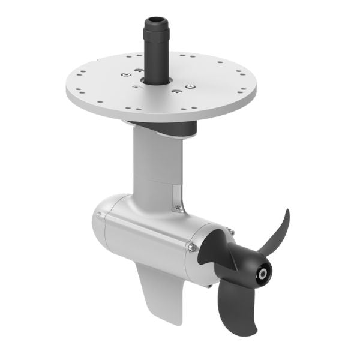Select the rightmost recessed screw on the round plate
point(190,87)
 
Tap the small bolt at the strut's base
point(177,208)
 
